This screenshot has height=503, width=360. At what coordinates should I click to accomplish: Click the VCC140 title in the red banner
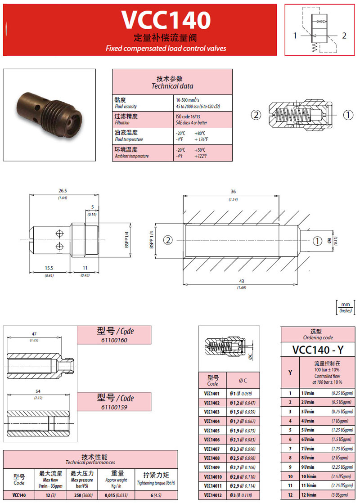coord(166,20)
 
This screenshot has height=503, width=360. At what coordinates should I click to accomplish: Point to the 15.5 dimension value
coord(49,269)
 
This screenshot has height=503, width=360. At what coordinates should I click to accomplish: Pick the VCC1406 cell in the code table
coord(212,440)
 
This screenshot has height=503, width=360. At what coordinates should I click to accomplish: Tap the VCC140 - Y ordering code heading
coord(319,349)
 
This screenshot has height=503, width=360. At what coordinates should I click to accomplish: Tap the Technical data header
coord(172,82)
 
